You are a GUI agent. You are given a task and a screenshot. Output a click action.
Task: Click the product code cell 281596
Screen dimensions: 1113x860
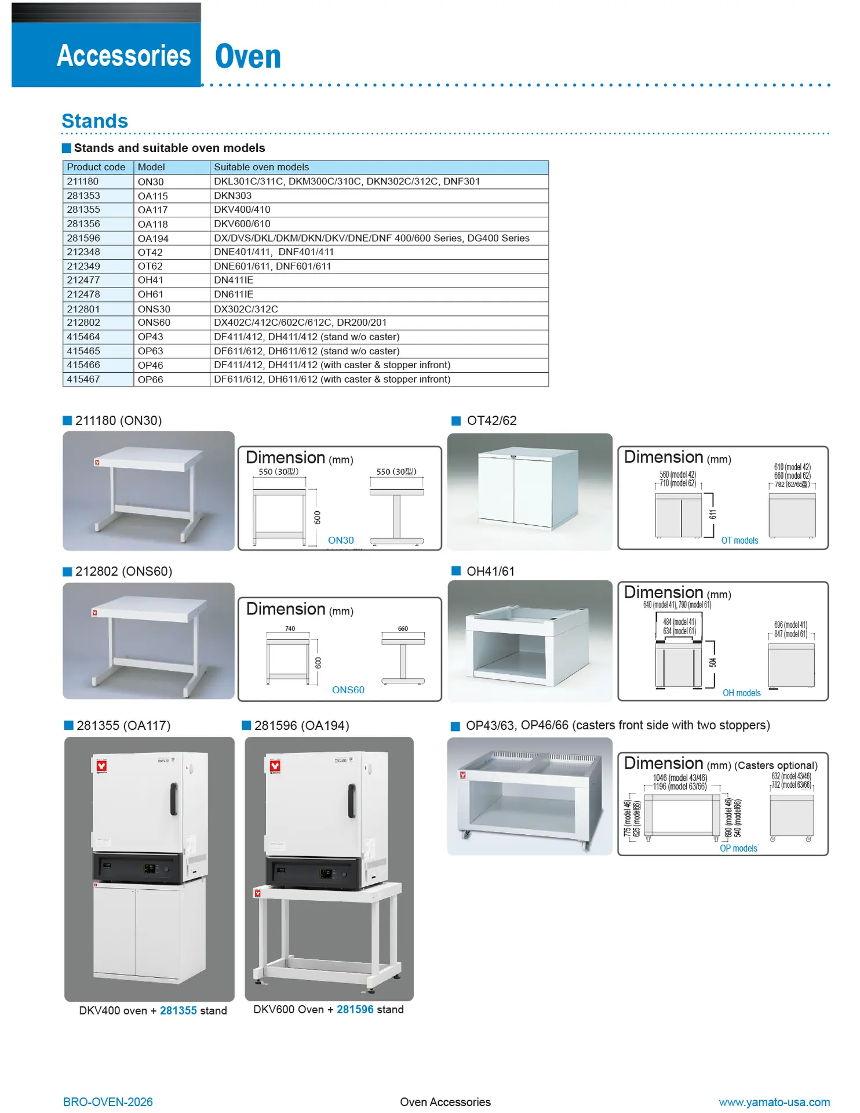point(83,238)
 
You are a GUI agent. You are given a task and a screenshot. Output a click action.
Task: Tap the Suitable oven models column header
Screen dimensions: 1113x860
point(261,168)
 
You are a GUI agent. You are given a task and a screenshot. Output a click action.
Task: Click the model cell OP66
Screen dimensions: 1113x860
point(151,380)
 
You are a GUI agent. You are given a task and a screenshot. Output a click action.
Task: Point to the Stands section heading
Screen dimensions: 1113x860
point(95,121)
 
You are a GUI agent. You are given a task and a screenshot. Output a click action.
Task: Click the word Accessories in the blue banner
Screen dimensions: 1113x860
point(124,56)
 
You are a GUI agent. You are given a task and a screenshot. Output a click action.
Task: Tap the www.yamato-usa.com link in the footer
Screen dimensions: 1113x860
point(774,1102)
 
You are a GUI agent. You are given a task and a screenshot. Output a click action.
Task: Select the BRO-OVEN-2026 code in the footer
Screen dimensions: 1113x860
point(108,1102)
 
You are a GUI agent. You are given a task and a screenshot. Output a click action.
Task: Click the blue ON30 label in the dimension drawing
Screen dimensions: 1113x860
point(341,540)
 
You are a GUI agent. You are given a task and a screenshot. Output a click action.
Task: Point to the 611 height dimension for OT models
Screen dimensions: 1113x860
point(713,514)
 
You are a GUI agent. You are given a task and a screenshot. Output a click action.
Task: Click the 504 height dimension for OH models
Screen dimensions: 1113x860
point(713,663)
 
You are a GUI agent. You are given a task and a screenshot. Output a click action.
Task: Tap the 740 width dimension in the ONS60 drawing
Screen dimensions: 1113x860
point(290,628)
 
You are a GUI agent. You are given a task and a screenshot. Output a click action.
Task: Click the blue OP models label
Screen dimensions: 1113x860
point(738,848)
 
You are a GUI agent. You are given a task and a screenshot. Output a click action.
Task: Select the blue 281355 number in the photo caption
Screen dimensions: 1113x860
point(178,1010)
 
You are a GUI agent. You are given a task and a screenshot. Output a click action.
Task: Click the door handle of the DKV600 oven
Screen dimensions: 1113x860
point(351,801)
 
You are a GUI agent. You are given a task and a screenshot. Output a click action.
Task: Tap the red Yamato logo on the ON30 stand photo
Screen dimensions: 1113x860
point(97,463)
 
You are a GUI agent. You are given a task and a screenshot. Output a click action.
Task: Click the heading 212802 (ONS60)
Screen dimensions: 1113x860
point(123,572)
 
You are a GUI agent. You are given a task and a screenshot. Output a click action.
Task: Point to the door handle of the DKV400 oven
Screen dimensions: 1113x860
point(173,798)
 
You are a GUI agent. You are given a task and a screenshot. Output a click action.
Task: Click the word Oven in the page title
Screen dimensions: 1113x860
point(248,57)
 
